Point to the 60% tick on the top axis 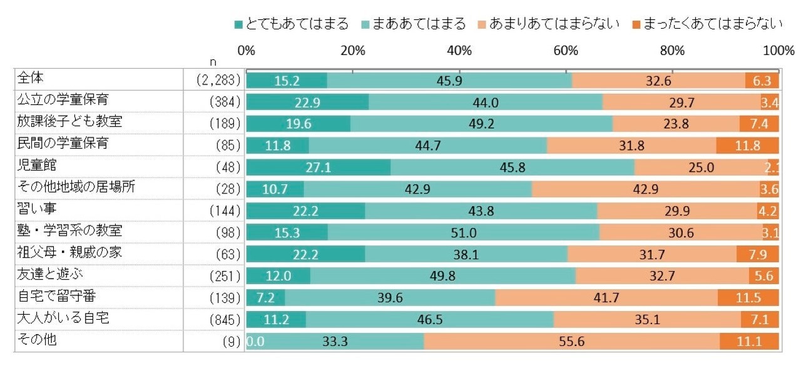[566, 51]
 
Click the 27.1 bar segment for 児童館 [319, 167]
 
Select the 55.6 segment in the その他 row [571, 341]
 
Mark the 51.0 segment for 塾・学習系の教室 [464, 232]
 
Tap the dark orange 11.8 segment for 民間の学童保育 [747, 145]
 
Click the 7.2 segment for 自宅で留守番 [265, 297]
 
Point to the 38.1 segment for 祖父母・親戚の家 [466, 254]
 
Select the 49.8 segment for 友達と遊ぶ [443, 276]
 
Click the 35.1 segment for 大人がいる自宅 [647, 319]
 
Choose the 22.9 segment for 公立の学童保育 [307, 102]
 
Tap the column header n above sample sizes [214, 63]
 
